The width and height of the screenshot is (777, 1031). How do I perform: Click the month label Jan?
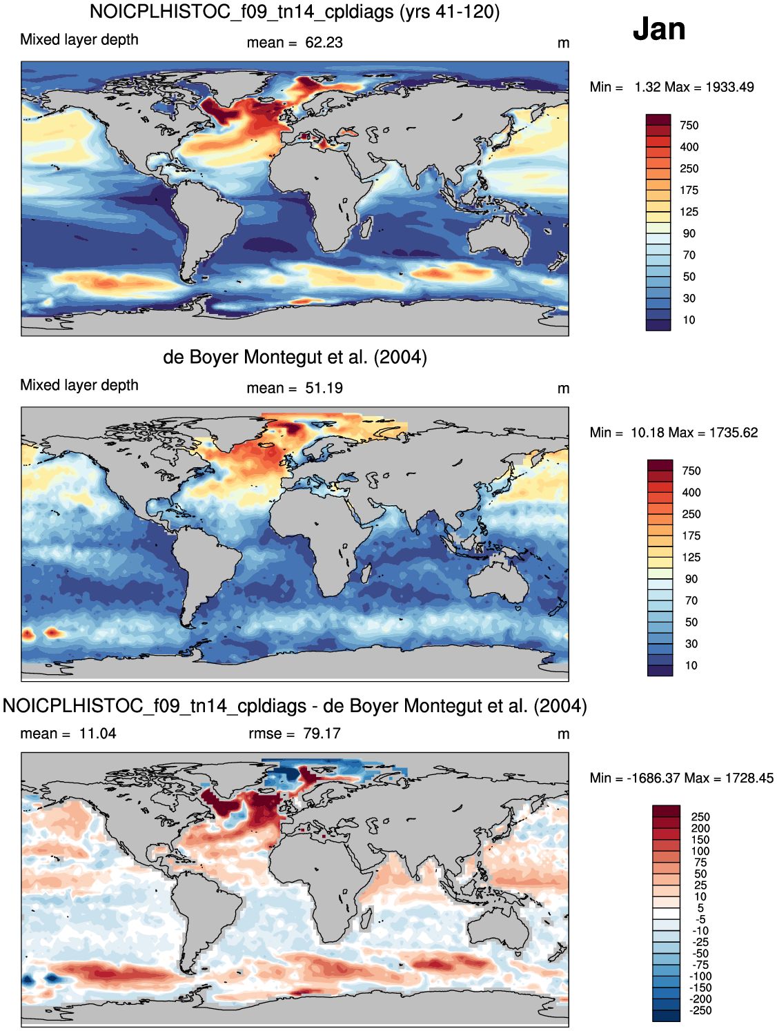[x=659, y=29]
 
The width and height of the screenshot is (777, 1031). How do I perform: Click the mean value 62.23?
[x=324, y=43]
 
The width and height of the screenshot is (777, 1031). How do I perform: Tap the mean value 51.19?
[x=324, y=388]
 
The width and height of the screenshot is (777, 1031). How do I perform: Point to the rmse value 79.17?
[x=322, y=733]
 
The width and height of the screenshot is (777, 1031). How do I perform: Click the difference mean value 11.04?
[x=97, y=733]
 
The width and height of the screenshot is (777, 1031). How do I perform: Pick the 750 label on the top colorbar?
[x=689, y=126]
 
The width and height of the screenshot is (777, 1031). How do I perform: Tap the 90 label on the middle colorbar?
[x=691, y=579]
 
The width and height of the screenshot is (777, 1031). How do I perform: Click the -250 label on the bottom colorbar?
[x=701, y=1010]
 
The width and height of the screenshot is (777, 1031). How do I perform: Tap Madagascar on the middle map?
[x=366, y=573]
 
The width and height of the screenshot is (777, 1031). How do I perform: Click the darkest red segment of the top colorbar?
[x=658, y=119]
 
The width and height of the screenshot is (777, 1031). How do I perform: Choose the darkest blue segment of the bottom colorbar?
[x=666, y=1016]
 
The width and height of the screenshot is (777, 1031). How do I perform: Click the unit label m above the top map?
[x=563, y=43]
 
